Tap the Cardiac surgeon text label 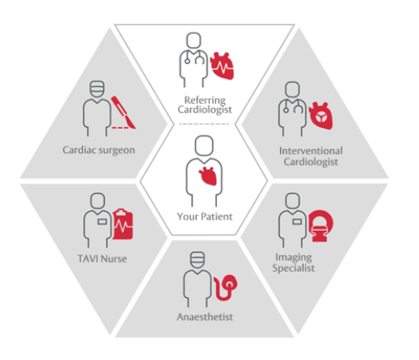click(x=99, y=150)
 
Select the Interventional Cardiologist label click(x=310, y=156)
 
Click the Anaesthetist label click(x=205, y=317)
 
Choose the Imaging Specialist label click(x=294, y=262)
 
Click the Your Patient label click(x=205, y=216)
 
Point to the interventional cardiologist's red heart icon click(x=320, y=116)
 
